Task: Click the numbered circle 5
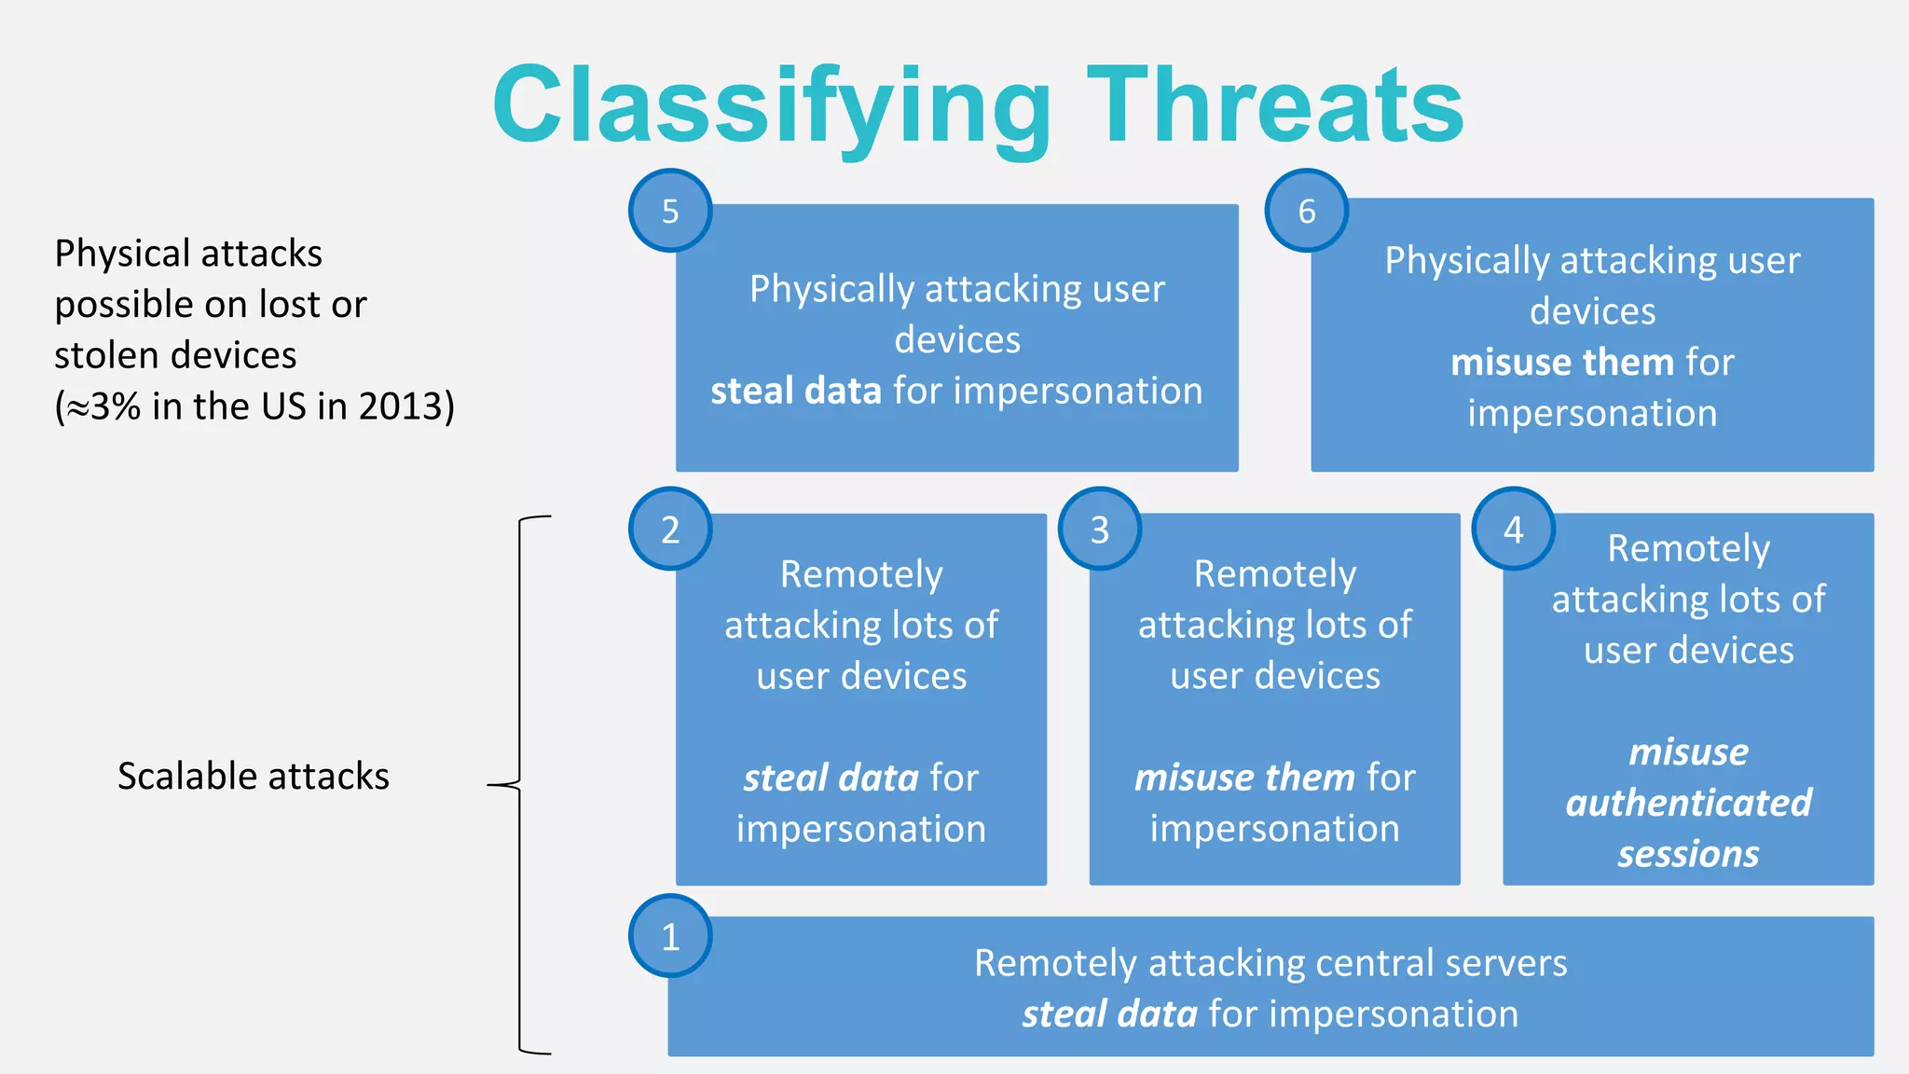(670, 211)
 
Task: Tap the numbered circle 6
(1306, 211)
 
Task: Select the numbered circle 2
(670, 529)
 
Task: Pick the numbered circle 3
(1100, 529)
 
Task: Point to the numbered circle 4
(1513, 529)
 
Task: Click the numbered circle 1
(670, 936)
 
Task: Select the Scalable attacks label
(253, 776)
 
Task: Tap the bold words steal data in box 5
(795, 391)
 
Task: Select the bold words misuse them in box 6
(1562, 362)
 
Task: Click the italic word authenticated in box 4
(1688, 803)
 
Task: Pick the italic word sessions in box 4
(1688, 854)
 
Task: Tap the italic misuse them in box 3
(1244, 778)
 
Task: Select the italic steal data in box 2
(831, 778)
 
